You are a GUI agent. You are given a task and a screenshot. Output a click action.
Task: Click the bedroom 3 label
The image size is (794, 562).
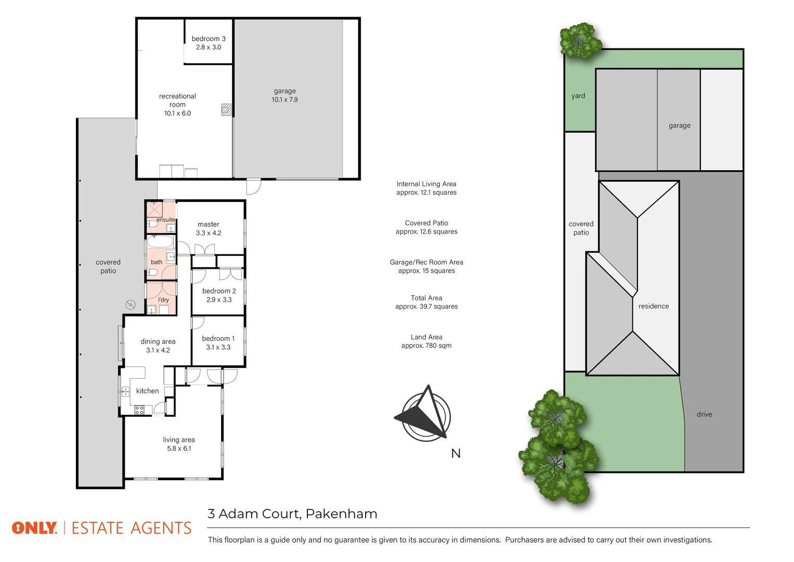[x=209, y=39]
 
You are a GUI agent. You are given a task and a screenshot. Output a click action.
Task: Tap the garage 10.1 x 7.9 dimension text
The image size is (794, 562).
[x=284, y=99]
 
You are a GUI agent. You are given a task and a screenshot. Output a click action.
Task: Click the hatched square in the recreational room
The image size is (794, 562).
[x=226, y=109]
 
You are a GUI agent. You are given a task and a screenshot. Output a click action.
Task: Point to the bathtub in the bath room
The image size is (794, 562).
[x=160, y=242]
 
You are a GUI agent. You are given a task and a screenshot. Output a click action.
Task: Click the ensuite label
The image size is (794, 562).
[x=166, y=220]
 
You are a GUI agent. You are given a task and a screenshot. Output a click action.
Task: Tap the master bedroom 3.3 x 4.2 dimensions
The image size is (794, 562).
[x=209, y=233]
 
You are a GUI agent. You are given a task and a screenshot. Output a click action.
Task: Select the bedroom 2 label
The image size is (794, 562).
[x=219, y=291]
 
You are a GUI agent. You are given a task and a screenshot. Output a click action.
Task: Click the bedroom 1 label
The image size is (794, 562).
[x=218, y=338]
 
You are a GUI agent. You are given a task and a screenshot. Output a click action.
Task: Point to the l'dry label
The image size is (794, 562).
[x=163, y=300]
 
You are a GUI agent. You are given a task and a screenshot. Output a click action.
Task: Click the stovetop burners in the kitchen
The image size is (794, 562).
[x=139, y=410]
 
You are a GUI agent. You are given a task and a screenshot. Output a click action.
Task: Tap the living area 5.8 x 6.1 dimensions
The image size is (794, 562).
[x=179, y=449]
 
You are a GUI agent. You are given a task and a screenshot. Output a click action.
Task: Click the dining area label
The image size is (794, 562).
[x=158, y=341]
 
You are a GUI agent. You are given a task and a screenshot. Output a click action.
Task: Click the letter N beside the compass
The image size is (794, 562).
[x=456, y=454]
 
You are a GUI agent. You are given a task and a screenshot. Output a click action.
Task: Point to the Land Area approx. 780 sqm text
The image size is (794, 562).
[x=426, y=341]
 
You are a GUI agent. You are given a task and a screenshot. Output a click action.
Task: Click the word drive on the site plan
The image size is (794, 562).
[x=704, y=414]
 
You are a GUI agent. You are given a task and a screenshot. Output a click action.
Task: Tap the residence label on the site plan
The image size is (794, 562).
[x=654, y=306]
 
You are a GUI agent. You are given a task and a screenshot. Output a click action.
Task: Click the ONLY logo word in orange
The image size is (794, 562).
[x=34, y=528]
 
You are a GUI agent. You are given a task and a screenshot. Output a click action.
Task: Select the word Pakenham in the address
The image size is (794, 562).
[x=341, y=514]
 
